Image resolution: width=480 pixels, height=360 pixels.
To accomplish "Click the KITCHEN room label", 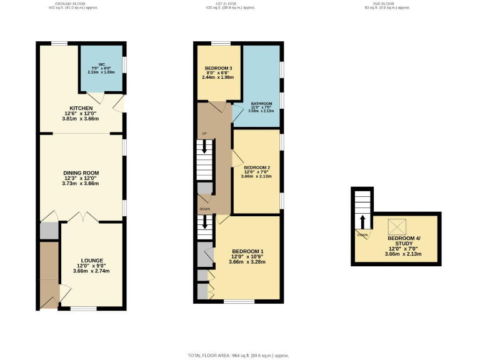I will pyautogui.click(x=81, y=107).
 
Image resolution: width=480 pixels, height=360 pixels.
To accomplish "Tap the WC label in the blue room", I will pyautogui.click(x=101, y=64).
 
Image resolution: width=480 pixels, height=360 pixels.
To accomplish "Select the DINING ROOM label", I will pyautogui.click(x=81, y=173).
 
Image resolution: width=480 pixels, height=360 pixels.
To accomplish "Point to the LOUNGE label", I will pyautogui.click(x=91, y=260).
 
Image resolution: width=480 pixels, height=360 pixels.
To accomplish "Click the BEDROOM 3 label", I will pyautogui.click(x=219, y=68).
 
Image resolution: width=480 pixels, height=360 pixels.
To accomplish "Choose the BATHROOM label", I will pyautogui.click(x=262, y=104).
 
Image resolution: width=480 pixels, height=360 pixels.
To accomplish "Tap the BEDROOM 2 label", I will pyautogui.click(x=256, y=167).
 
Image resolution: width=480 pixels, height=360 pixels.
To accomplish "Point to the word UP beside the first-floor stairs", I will pyautogui.click(x=204, y=134).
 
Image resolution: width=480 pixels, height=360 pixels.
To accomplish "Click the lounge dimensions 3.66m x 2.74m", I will pyautogui.click(x=91, y=271).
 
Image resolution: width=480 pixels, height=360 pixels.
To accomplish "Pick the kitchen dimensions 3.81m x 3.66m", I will pyautogui.click(x=81, y=119).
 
